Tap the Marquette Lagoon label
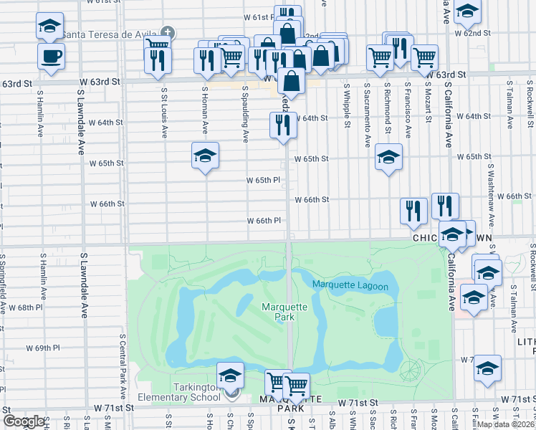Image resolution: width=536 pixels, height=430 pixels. point(350,287)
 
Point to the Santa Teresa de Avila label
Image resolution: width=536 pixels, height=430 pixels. point(110,33)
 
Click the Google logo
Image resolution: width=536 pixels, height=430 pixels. point(24,421)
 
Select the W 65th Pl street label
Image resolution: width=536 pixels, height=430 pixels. point(263,181)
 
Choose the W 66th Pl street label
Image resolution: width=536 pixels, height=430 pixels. point(264,221)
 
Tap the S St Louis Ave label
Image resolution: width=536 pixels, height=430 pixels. point(164,113)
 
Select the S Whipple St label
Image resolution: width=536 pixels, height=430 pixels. point(347,105)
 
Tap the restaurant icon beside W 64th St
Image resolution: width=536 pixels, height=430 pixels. point(280,125)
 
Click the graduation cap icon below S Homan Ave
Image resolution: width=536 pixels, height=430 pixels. point(205,156)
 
